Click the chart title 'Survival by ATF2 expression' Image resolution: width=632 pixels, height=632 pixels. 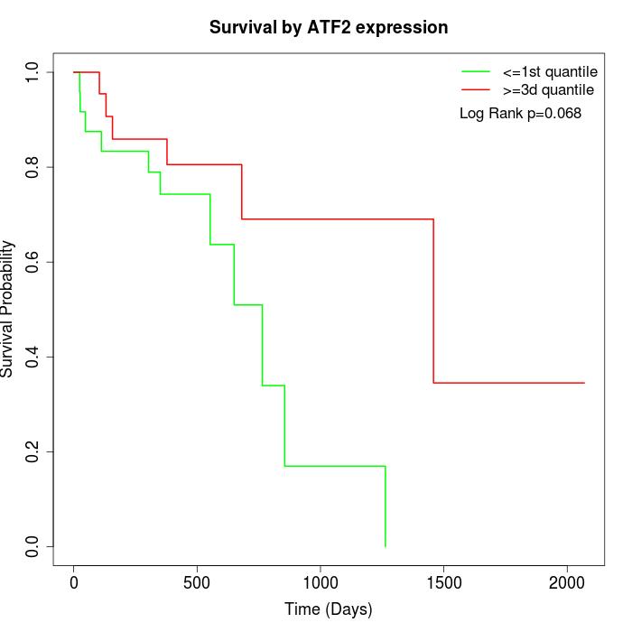pos(329,28)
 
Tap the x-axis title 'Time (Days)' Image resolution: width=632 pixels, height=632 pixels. pos(329,609)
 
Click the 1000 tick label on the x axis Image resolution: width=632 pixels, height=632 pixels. pos(321,582)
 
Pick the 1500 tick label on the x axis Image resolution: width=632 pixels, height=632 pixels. pos(444,582)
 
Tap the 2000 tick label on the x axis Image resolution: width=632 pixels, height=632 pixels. pos(567,582)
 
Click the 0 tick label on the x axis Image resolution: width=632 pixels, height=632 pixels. pos(74,582)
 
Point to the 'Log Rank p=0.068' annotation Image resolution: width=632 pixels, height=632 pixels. pos(520,114)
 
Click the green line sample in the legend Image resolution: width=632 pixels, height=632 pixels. pos(476,71)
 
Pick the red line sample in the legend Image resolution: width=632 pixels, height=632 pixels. pos(476,89)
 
